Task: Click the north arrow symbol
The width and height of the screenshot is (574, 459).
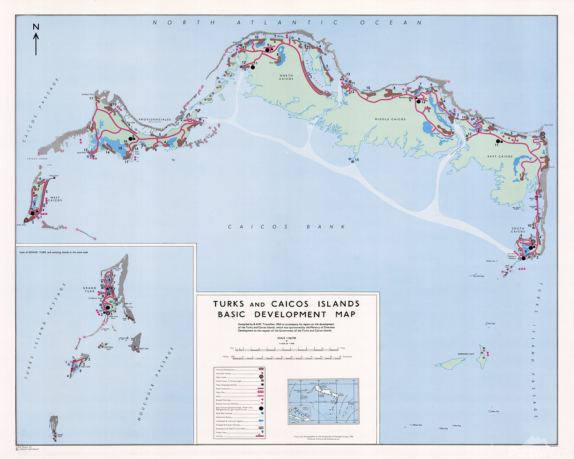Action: [36, 40]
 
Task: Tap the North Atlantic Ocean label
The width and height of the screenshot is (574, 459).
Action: [287, 22]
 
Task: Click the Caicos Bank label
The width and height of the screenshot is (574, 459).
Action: [286, 227]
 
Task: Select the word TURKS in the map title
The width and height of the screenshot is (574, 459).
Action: [233, 303]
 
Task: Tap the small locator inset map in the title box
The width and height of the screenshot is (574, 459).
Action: [321, 398]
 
